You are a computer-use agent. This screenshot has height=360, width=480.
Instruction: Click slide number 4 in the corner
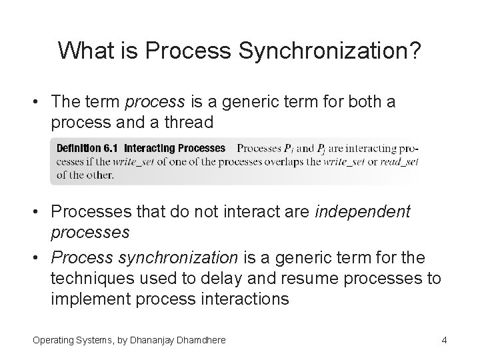coord(444,341)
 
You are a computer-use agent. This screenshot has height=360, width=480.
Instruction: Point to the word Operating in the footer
coord(53,341)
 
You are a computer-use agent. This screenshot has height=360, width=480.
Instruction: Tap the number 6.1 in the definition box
coord(110,148)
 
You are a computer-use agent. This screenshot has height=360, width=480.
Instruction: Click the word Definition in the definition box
coord(79,148)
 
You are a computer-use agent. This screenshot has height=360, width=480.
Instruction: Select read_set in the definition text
coord(399,161)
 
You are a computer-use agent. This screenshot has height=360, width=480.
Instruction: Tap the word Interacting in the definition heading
coord(150,148)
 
